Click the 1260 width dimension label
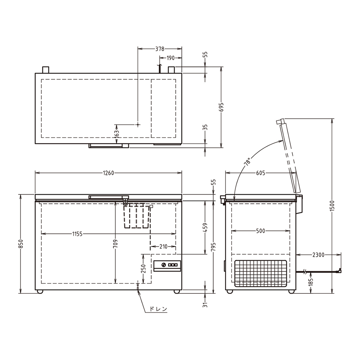(108, 173)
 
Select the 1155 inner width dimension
(77, 234)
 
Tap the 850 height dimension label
(21, 244)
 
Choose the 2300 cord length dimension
(318, 255)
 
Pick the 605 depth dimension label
(260, 173)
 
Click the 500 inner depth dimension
(260, 231)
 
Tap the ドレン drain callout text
(158, 309)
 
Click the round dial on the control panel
(164, 265)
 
